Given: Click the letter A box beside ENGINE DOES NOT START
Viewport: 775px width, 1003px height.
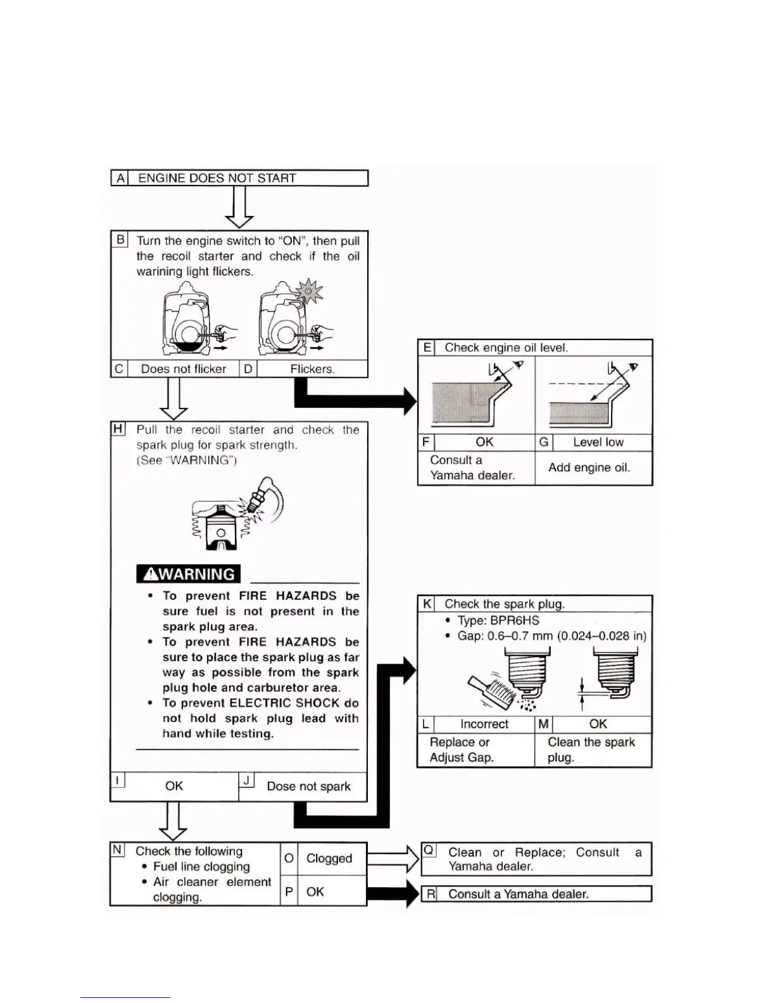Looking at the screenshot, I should (x=120, y=178).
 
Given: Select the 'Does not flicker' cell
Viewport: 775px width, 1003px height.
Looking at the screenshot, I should (x=183, y=369).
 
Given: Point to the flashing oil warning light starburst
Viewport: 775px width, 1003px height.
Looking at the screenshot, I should (x=309, y=292).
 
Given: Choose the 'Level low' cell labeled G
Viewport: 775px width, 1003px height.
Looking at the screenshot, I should (x=598, y=442).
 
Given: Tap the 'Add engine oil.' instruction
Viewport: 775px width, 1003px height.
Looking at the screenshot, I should (x=589, y=467).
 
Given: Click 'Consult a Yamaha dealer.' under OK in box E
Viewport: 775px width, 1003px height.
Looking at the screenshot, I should (x=472, y=468).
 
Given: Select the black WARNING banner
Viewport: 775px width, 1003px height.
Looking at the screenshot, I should (x=189, y=574).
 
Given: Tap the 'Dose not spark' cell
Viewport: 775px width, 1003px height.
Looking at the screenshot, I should (x=308, y=786).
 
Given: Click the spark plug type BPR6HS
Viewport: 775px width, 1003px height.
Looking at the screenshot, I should (x=515, y=621).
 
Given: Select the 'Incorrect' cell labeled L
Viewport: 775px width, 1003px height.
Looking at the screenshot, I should (x=484, y=724).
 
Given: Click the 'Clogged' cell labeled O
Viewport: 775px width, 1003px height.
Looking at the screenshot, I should (x=329, y=859).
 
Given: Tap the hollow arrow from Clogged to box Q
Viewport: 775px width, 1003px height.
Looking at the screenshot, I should (x=393, y=859).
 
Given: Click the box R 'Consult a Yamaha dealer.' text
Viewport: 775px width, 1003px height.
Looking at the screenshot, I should (x=518, y=894).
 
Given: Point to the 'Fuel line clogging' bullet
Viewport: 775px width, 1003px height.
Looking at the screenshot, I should (x=201, y=867).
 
